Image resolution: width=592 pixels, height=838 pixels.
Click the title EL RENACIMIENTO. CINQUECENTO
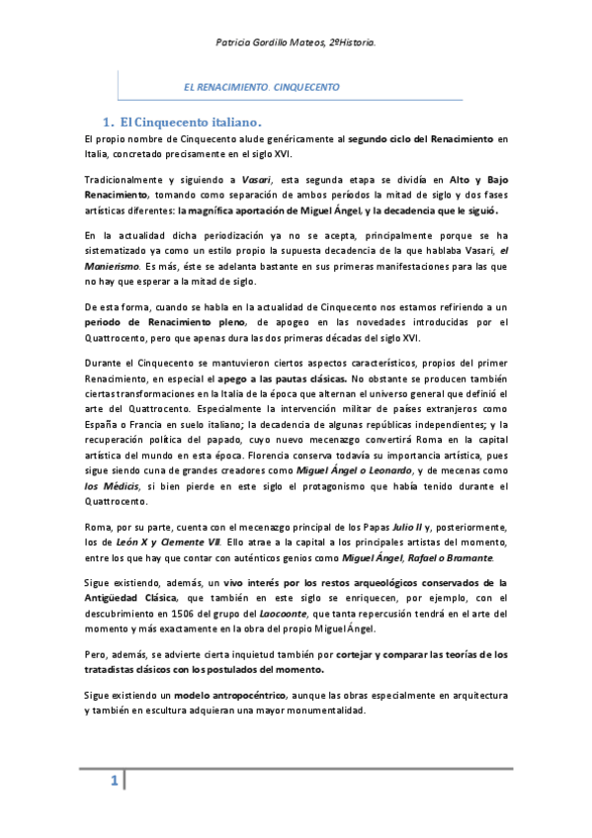coord(262,87)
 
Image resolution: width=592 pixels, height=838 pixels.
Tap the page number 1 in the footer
coord(114,783)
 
